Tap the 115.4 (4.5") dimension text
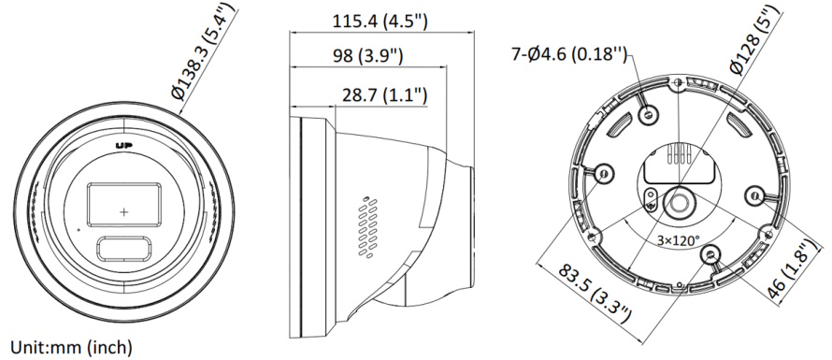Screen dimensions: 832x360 (380, 22)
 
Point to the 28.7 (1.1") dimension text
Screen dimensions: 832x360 (385, 95)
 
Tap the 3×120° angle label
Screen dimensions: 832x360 (679, 240)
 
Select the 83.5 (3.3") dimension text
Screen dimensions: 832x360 (595, 293)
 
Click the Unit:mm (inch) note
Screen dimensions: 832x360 (71, 348)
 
